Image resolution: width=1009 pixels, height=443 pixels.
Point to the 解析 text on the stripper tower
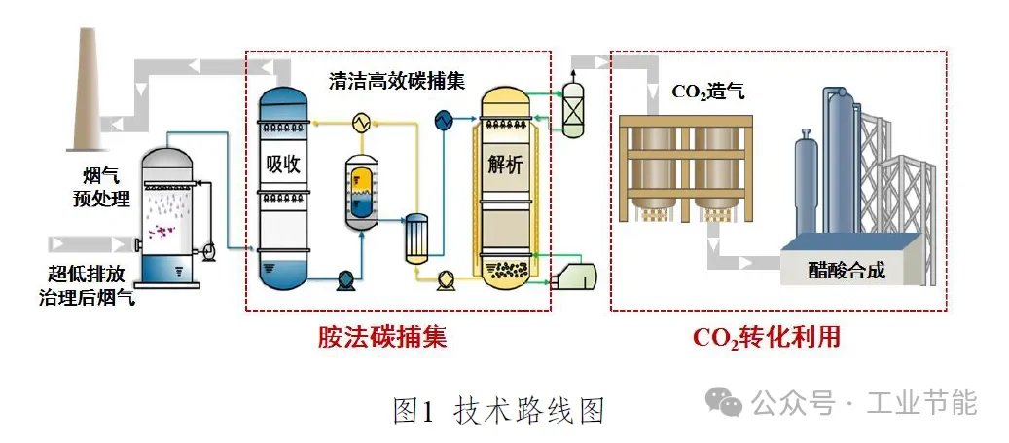(x=504, y=166)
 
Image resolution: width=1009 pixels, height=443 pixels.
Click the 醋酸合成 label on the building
(x=847, y=270)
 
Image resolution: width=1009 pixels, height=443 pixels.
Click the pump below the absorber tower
(x=345, y=281)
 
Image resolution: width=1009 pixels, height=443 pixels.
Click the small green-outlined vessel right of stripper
(x=573, y=109)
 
